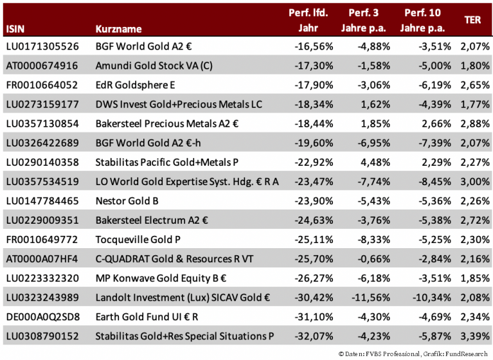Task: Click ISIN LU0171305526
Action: click(42, 46)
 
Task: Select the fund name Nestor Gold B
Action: click(127, 201)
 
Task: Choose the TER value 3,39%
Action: click(475, 336)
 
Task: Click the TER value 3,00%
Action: click(475, 182)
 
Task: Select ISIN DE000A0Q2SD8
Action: click(42, 317)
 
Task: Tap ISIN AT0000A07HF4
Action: click(42, 259)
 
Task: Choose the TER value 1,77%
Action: click(475, 104)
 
